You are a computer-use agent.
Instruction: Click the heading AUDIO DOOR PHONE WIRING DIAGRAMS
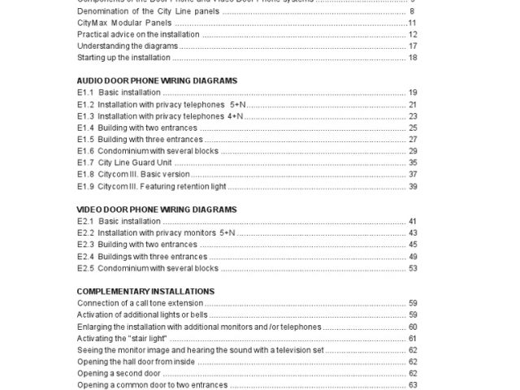coord(156,81)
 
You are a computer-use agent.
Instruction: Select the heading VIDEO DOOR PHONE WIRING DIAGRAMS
coord(156,210)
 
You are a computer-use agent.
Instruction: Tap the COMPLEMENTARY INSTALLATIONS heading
coord(145,291)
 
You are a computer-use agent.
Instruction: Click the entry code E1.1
coord(85,93)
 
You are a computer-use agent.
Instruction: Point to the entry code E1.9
coord(85,186)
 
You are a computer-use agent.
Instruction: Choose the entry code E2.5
coord(85,268)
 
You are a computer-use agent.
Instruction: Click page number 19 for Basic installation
coord(413,93)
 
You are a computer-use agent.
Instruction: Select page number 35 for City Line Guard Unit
coord(413,162)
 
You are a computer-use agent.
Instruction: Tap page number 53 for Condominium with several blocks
coord(413,268)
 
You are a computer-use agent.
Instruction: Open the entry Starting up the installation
coord(123,58)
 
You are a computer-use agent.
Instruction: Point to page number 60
coord(413,327)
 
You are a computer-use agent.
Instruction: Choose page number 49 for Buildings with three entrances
coord(413,257)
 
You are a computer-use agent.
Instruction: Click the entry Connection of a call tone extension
coord(139,303)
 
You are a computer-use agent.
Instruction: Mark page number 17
coord(413,46)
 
